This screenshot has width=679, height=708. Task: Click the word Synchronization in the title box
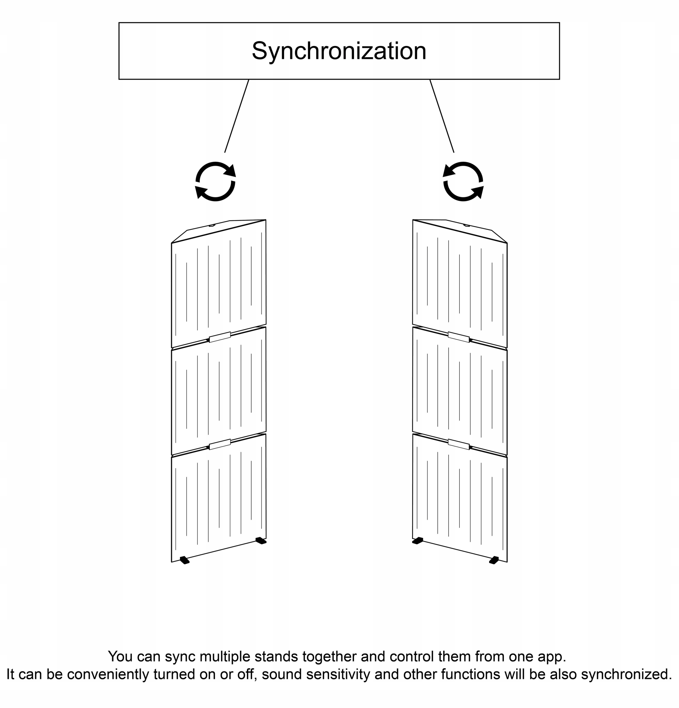point(339,51)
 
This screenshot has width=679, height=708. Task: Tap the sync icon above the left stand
point(215,181)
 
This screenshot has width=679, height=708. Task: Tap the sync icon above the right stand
point(463,181)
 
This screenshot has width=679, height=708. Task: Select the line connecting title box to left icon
point(236,116)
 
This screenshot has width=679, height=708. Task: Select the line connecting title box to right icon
point(442,116)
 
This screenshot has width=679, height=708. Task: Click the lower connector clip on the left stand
point(220,444)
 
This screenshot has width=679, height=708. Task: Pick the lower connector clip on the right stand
point(458,444)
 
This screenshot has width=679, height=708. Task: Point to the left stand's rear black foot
point(261,541)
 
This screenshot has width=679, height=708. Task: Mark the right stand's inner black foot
point(418,541)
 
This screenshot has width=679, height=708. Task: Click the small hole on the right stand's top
point(466,225)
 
